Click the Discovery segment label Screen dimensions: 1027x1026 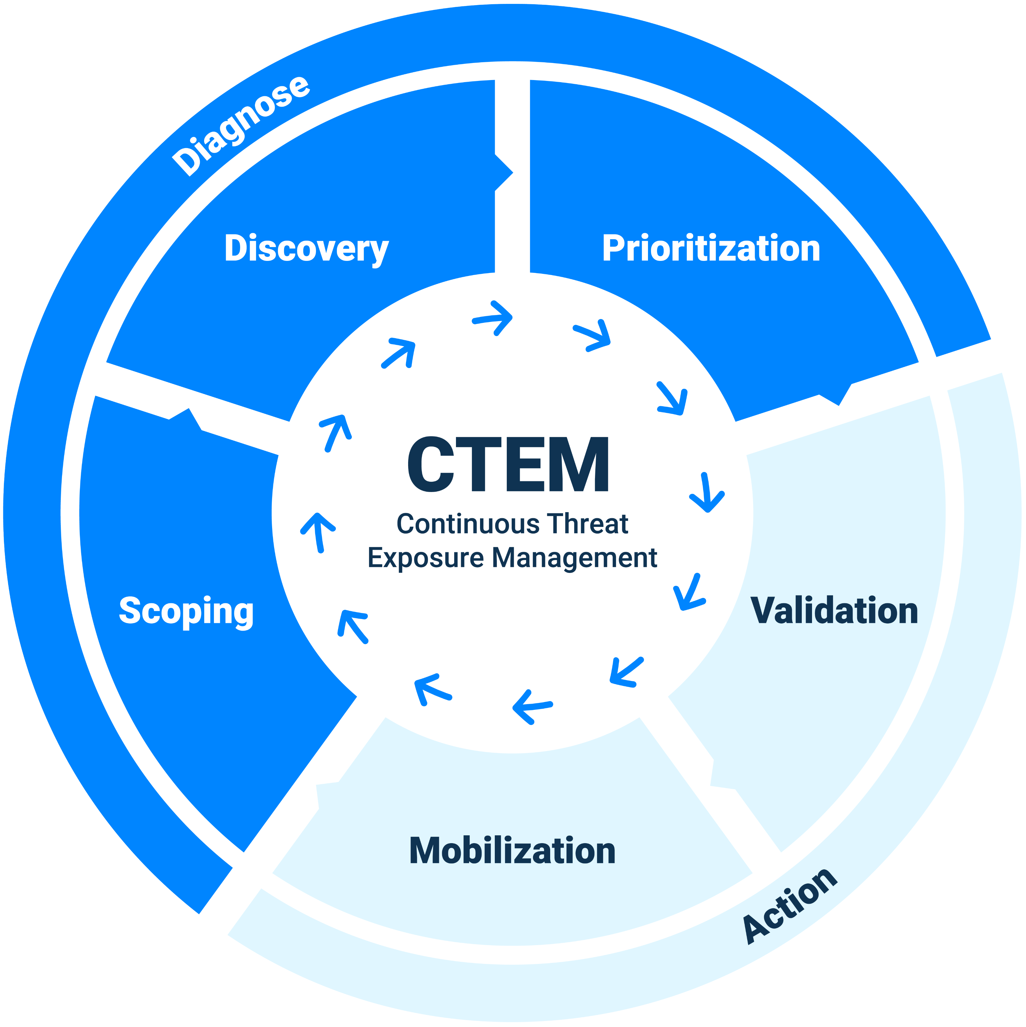306,249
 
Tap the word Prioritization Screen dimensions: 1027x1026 711,249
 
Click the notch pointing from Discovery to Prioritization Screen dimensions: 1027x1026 505,173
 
